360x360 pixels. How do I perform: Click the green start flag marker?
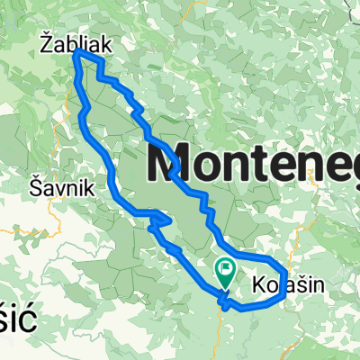pos(224,269)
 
